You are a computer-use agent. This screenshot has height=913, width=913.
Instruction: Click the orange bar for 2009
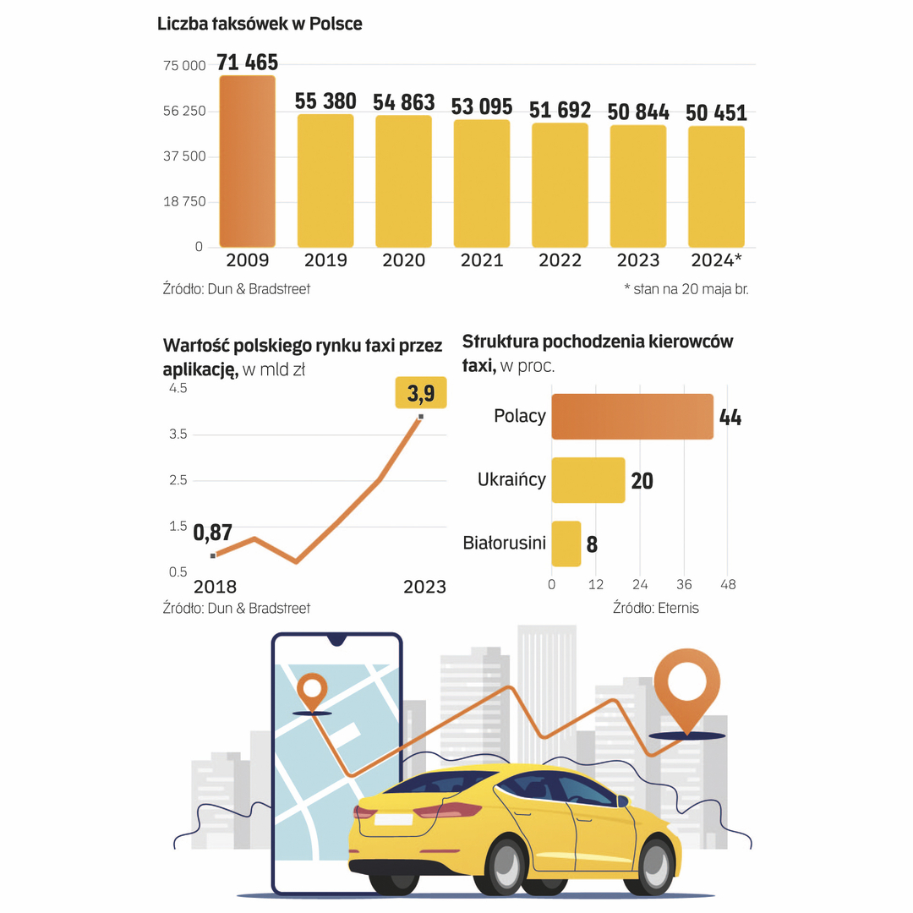click(x=248, y=161)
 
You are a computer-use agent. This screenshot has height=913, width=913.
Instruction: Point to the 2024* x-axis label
click(x=716, y=260)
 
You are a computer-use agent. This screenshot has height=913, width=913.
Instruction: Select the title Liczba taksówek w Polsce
click(x=260, y=24)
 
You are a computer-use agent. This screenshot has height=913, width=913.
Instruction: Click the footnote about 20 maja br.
click(x=686, y=289)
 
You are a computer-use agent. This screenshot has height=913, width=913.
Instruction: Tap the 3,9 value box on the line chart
click(x=421, y=393)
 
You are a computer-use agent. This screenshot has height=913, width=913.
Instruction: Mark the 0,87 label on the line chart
click(x=213, y=533)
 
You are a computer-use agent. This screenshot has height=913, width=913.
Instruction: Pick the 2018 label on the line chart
click(x=216, y=587)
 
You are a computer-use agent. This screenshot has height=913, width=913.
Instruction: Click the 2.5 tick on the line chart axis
click(x=178, y=480)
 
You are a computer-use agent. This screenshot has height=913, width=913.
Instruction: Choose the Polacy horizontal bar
click(x=632, y=416)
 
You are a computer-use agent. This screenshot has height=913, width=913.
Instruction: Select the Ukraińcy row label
click(x=511, y=480)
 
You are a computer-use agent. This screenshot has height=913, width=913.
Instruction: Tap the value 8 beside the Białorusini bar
click(x=592, y=544)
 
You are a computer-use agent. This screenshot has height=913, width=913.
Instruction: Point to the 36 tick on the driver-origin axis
click(x=684, y=585)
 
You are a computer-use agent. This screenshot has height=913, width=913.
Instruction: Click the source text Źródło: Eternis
click(x=656, y=608)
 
